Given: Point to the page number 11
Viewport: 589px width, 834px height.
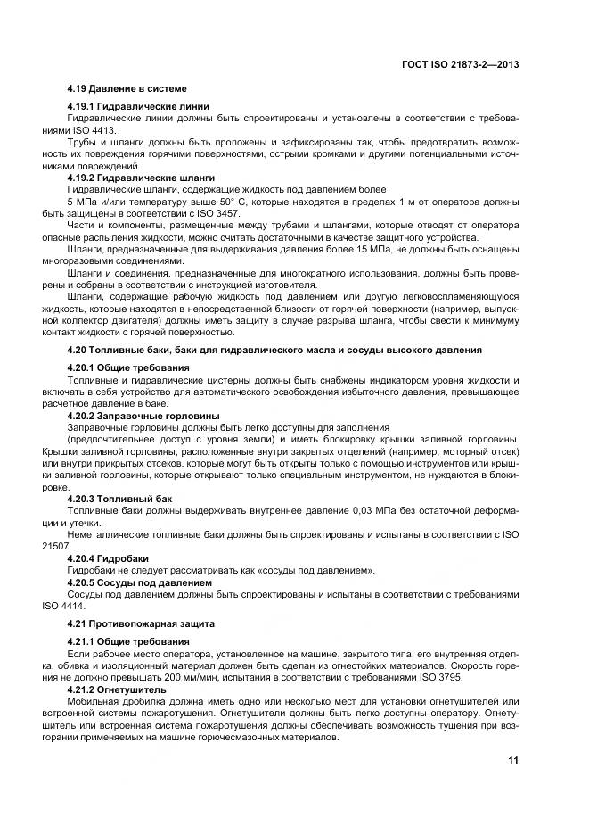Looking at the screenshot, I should tap(513, 760).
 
